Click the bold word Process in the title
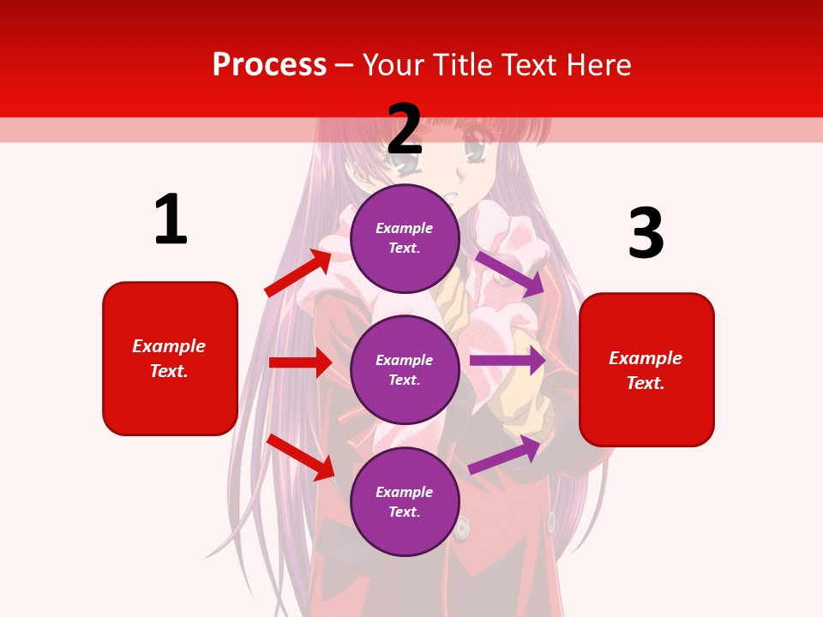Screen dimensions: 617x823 pyautogui.click(x=269, y=65)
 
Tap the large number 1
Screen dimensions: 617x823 pyautogui.click(x=171, y=219)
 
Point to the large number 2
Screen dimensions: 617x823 pyautogui.click(x=405, y=129)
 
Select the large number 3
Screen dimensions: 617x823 pyautogui.click(x=646, y=234)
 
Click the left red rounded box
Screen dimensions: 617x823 pyautogui.click(x=170, y=358)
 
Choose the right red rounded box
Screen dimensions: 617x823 pyautogui.click(x=646, y=370)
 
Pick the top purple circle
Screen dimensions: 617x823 pyautogui.click(x=405, y=238)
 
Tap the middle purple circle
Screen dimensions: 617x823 pyautogui.click(x=405, y=370)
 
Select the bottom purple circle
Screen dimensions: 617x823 pyautogui.click(x=405, y=502)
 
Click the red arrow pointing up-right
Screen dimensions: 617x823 pyautogui.click(x=298, y=273)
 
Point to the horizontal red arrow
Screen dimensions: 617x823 pyautogui.click(x=300, y=362)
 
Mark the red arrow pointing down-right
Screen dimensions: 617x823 pyautogui.click(x=300, y=457)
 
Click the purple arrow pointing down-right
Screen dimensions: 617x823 pyautogui.click(x=510, y=273)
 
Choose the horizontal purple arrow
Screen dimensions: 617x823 pyautogui.click(x=508, y=361)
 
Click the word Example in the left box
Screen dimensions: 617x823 pyautogui.click(x=169, y=346)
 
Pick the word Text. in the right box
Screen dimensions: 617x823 pyautogui.click(x=646, y=383)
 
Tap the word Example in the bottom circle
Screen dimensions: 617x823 pyautogui.click(x=405, y=492)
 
